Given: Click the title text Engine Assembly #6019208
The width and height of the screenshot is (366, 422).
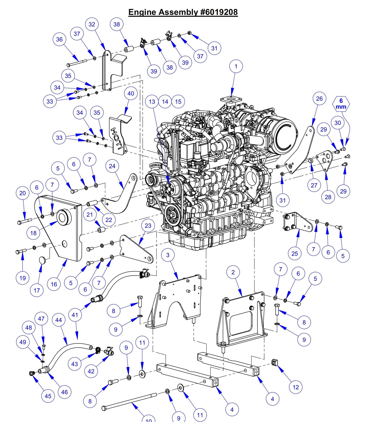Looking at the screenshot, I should pyautogui.click(x=183, y=12).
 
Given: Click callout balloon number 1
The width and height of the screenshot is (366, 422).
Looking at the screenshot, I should pyautogui.click(x=236, y=66).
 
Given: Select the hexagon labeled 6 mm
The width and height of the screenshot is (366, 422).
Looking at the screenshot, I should pyautogui.click(x=341, y=104).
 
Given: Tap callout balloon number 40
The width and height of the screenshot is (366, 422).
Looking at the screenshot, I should pyautogui.click(x=131, y=93).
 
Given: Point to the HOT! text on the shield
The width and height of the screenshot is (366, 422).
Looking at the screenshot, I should pyautogui.click(x=117, y=138).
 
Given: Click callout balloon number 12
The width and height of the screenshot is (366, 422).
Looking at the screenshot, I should pyautogui.click(x=296, y=387).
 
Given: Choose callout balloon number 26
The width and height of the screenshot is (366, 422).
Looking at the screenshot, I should pyautogui.click(x=319, y=98).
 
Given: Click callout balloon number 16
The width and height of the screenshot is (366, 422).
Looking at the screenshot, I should pyautogui.click(x=54, y=284).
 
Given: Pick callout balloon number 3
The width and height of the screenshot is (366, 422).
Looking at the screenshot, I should pyautogui.click(x=168, y=255).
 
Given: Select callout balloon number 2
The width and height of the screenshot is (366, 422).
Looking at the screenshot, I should pyautogui.click(x=233, y=272).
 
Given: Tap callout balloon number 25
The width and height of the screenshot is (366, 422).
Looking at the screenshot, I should pyautogui.click(x=295, y=253).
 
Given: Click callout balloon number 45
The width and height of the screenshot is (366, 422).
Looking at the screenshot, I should pyautogui.click(x=48, y=396).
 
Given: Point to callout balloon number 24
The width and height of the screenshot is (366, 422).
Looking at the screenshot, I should pyautogui.click(x=112, y=166).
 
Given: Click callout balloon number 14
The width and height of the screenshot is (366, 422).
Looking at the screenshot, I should pyautogui.click(x=165, y=101).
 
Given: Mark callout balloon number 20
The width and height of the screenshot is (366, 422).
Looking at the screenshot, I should pyautogui.click(x=23, y=193).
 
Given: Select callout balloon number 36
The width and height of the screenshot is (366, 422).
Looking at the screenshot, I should pyautogui.click(x=59, y=39).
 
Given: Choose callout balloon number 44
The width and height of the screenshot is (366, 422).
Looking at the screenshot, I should pyautogui.click(x=59, y=320).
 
